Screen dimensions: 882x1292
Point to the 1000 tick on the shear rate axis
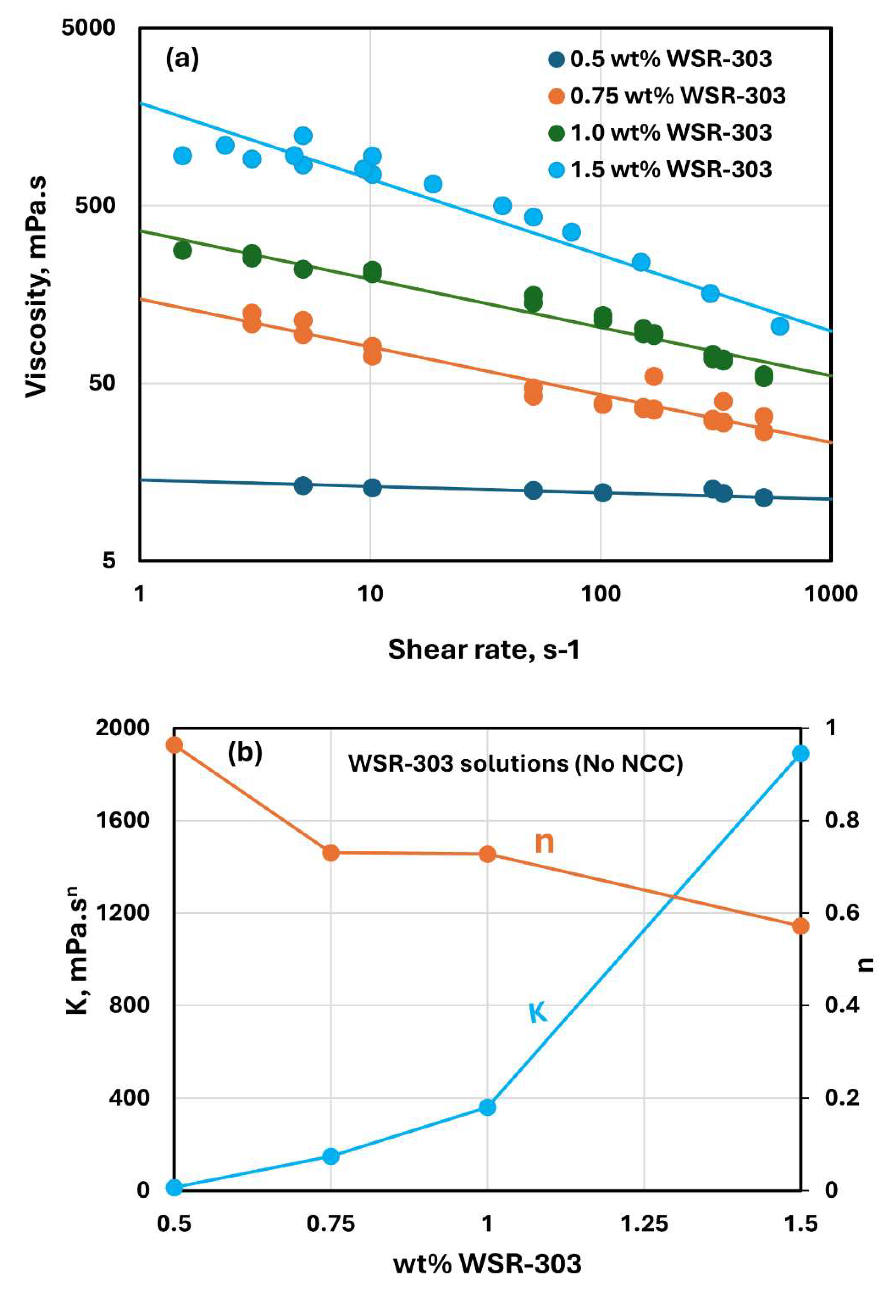tap(830, 594)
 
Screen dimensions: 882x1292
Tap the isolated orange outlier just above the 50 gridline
tap(654, 376)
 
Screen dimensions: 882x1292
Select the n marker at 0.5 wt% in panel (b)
tap(175, 745)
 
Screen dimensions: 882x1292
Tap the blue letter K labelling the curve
tap(538, 1013)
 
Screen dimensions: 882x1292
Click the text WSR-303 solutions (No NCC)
tap(515, 764)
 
